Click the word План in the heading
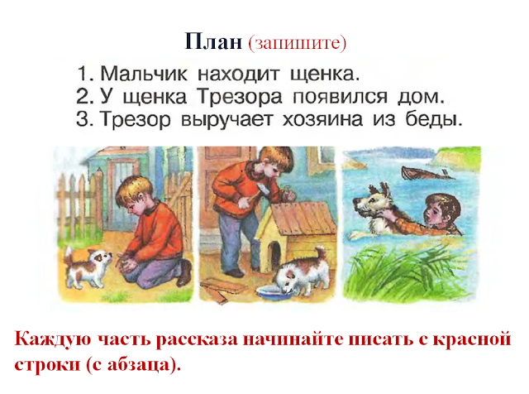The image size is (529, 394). pyautogui.click(x=212, y=42)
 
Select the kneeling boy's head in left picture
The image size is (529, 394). pyautogui.click(x=132, y=194)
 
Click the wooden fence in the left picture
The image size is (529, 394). pyautogui.click(x=79, y=199)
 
